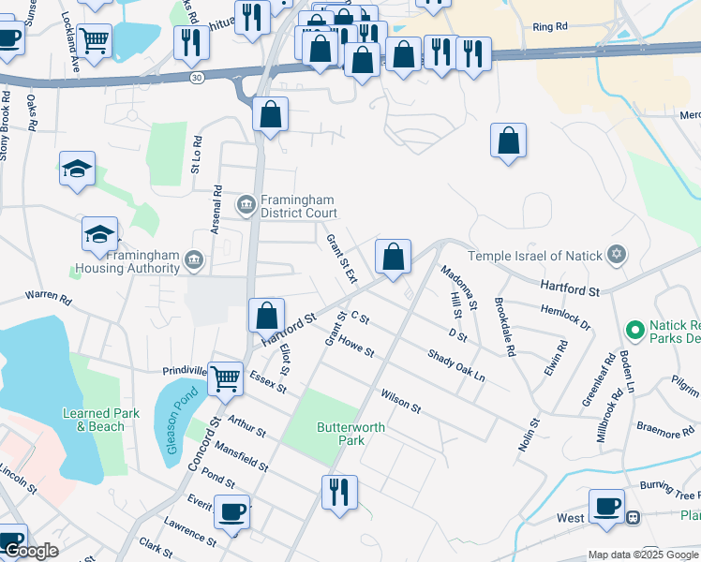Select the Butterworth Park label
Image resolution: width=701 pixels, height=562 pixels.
[x=337, y=434]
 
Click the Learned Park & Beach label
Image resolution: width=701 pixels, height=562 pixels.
[x=100, y=420]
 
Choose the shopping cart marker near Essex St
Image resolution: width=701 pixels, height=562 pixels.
[x=225, y=378]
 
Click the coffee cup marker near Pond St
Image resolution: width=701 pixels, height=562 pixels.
[x=231, y=511]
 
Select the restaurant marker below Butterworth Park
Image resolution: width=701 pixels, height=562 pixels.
[x=339, y=491]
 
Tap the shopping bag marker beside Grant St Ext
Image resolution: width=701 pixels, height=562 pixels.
[x=394, y=256]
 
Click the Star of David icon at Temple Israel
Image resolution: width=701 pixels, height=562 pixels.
[x=616, y=255]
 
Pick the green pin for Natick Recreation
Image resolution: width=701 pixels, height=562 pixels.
[x=634, y=330]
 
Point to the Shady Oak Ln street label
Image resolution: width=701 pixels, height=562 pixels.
[x=456, y=365]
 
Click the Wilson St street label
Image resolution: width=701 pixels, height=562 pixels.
[x=400, y=403]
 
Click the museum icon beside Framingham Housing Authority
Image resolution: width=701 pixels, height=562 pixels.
[x=194, y=259]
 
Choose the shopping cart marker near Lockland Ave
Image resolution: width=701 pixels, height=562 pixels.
[x=94, y=40]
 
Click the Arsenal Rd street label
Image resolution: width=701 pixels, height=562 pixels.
[x=216, y=210]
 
